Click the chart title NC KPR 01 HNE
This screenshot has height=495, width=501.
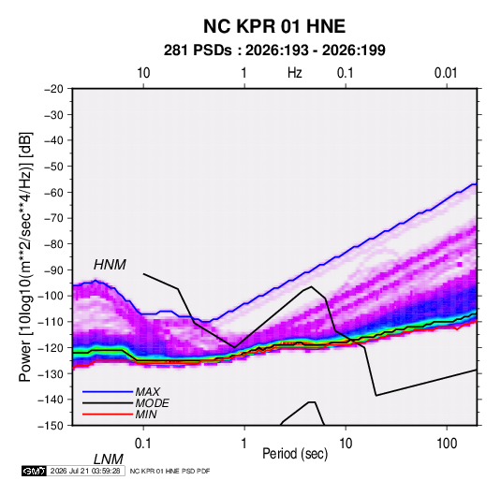pyautogui.click(x=274, y=26)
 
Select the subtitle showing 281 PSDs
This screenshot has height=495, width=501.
pyautogui.click(x=274, y=51)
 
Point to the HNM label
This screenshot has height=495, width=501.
pyautogui.click(x=110, y=265)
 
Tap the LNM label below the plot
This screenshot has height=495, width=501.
pyautogui.click(x=108, y=459)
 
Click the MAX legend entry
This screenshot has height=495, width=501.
pyautogui.click(x=147, y=391)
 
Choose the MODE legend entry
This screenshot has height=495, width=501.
pyautogui.click(x=152, y=403)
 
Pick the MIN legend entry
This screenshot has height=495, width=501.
pyautogui.click(x=146, y=415)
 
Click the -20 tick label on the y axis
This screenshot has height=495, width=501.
pyautogui.click(x=53, y=89)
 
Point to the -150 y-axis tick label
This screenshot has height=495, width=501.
pyautogui.click(x=51, y=426)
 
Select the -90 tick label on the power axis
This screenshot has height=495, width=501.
pyautogui.click(x=53, y=270)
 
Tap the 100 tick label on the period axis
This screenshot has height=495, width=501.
pyautogui.click(x=447, y=444)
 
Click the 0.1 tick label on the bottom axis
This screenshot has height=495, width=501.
pyautogui.click(x=143, y=444)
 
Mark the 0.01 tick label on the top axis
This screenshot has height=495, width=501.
pyautogui.click(x=446, y=73)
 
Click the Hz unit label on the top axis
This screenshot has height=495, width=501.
pyautogui.click(x=295, y=73)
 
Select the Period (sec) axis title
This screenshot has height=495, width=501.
pyautogui.click(x=295, y=454)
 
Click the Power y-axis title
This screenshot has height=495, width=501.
pyautogui.click(x=25, y=257)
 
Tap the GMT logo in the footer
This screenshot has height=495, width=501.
pyautogui.click(x=35, y=471)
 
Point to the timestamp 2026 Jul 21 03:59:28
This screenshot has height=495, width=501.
pyautogui.click(x=85, y=471)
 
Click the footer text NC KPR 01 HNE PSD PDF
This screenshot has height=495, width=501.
pyautogui.click(x=170, y=471)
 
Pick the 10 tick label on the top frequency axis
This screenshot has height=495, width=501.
pyautogui.click(x=143, y=73)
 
